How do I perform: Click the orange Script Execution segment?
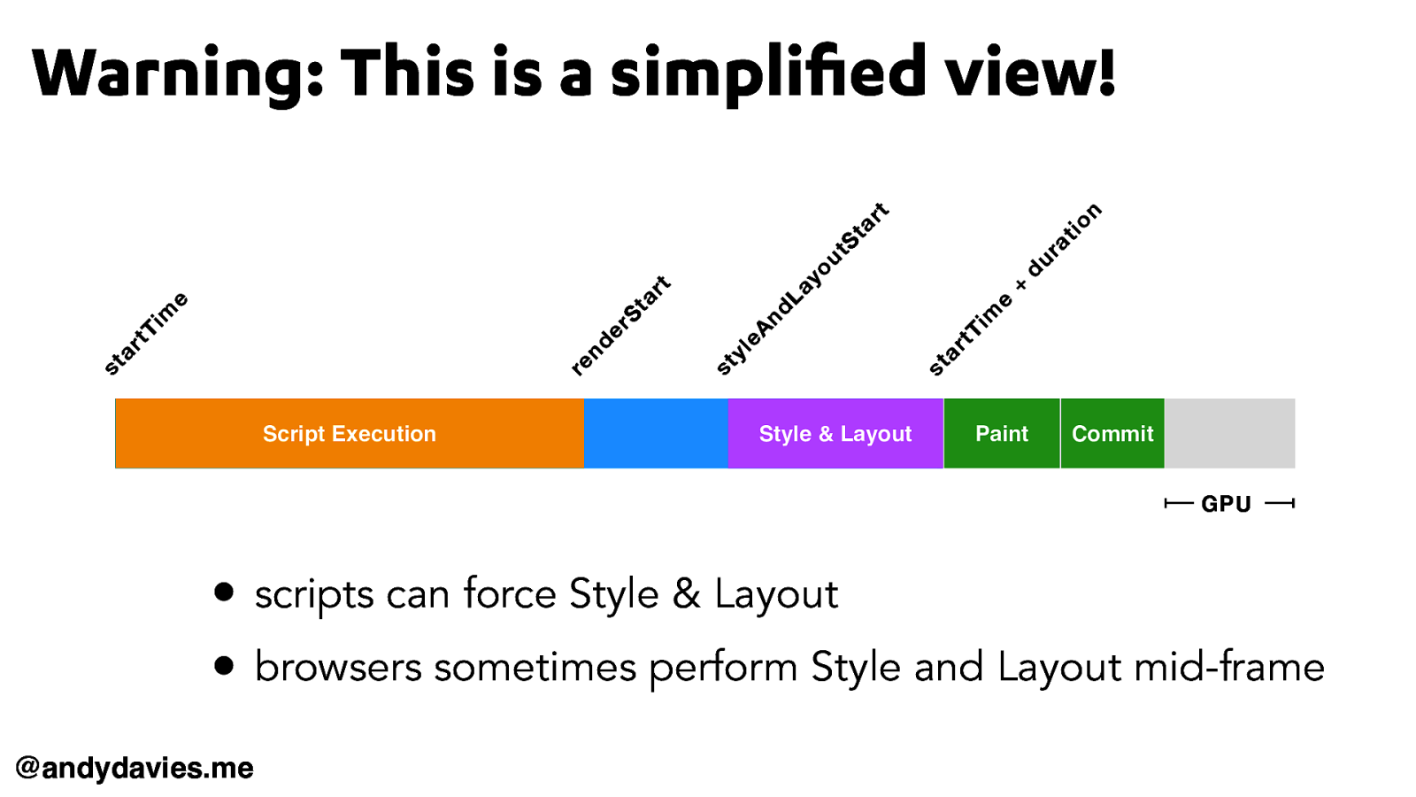350,433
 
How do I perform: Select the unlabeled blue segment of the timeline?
656,433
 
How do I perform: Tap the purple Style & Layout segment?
835,433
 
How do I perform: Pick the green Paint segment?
1002,433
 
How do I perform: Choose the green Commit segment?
1112,433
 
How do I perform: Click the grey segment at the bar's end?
1230,433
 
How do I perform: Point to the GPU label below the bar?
1227,504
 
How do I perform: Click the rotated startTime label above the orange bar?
146,333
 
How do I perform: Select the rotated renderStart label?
620,326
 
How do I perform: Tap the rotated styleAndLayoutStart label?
802,289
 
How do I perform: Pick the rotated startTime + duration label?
1015,289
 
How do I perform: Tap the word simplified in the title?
769,73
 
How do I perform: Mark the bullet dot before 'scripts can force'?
224,592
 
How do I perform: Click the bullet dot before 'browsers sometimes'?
224,665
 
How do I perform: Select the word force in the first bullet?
510,593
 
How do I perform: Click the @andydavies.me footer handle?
135,768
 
